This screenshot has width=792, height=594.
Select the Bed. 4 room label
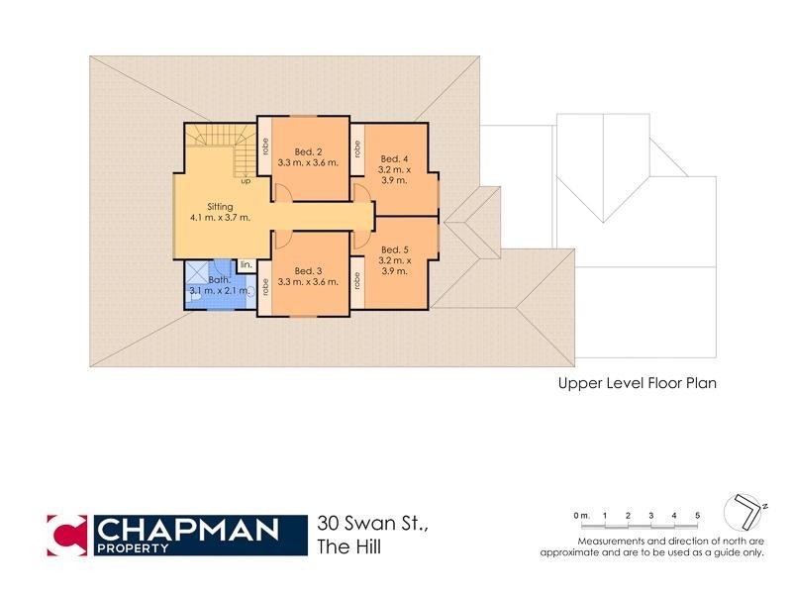point(394,158)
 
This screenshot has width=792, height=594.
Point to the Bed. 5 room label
point(394,249)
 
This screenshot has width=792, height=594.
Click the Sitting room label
point(220,206)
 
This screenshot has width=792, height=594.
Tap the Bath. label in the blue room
point(220,280)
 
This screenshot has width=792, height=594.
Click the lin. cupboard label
point(246,265)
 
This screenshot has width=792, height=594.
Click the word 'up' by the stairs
point(245,181)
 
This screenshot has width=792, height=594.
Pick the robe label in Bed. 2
point(265,146)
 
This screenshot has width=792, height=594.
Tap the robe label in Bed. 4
point(358,153)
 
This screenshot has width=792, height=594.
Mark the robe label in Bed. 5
point(358,280)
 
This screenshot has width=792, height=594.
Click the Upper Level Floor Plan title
point(637,382)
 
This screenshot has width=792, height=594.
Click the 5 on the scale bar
point(697,516)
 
